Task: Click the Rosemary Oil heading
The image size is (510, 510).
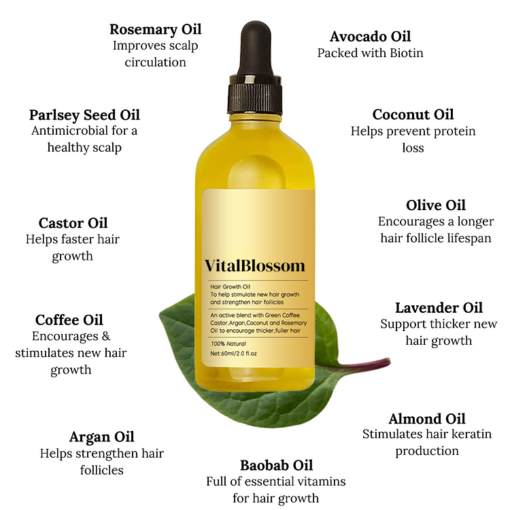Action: click(x=155, y=30)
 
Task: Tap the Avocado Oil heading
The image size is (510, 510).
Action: click(x=370, y=36)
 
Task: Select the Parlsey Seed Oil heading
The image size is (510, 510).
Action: click(x=84, y=114)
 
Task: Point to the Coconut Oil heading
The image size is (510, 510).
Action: click(x=413, y=114)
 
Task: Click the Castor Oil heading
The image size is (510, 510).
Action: click(x=73, y=223)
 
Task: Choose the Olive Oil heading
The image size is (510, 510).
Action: click(x=436, y=205)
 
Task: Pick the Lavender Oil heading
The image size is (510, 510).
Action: click(x=439, y=308)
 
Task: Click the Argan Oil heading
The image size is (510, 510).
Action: click(x=101, y=437)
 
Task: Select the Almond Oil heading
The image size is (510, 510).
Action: click(x=427, y=418)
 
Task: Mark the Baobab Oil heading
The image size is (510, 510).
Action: click(x=276, y=465)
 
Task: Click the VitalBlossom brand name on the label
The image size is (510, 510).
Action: click(x=255, y=265)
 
